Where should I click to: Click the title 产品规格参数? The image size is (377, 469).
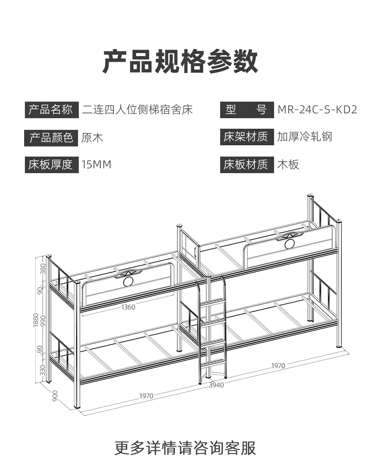coord(180,61)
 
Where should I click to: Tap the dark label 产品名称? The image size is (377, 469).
coord(52,110)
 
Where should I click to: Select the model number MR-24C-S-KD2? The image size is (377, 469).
coord(317,110)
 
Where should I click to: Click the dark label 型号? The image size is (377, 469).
coord(247,110)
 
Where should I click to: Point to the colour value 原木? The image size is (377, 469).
coord(92,138)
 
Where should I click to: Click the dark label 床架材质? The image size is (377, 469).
coord(247,137)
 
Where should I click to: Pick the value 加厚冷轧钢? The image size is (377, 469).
coord(305,137)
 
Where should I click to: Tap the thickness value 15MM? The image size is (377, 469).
coord(96,164)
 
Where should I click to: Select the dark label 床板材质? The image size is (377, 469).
coord(247,165)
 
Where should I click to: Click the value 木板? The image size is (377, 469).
coord(288,164)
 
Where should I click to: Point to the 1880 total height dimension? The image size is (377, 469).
coord(36,320)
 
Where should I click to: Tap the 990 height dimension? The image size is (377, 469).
coord(43,321)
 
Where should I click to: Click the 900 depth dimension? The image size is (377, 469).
coord(55,396)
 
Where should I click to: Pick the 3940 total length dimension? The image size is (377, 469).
coord(216,385)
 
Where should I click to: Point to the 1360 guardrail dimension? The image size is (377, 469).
coord(128,307)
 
